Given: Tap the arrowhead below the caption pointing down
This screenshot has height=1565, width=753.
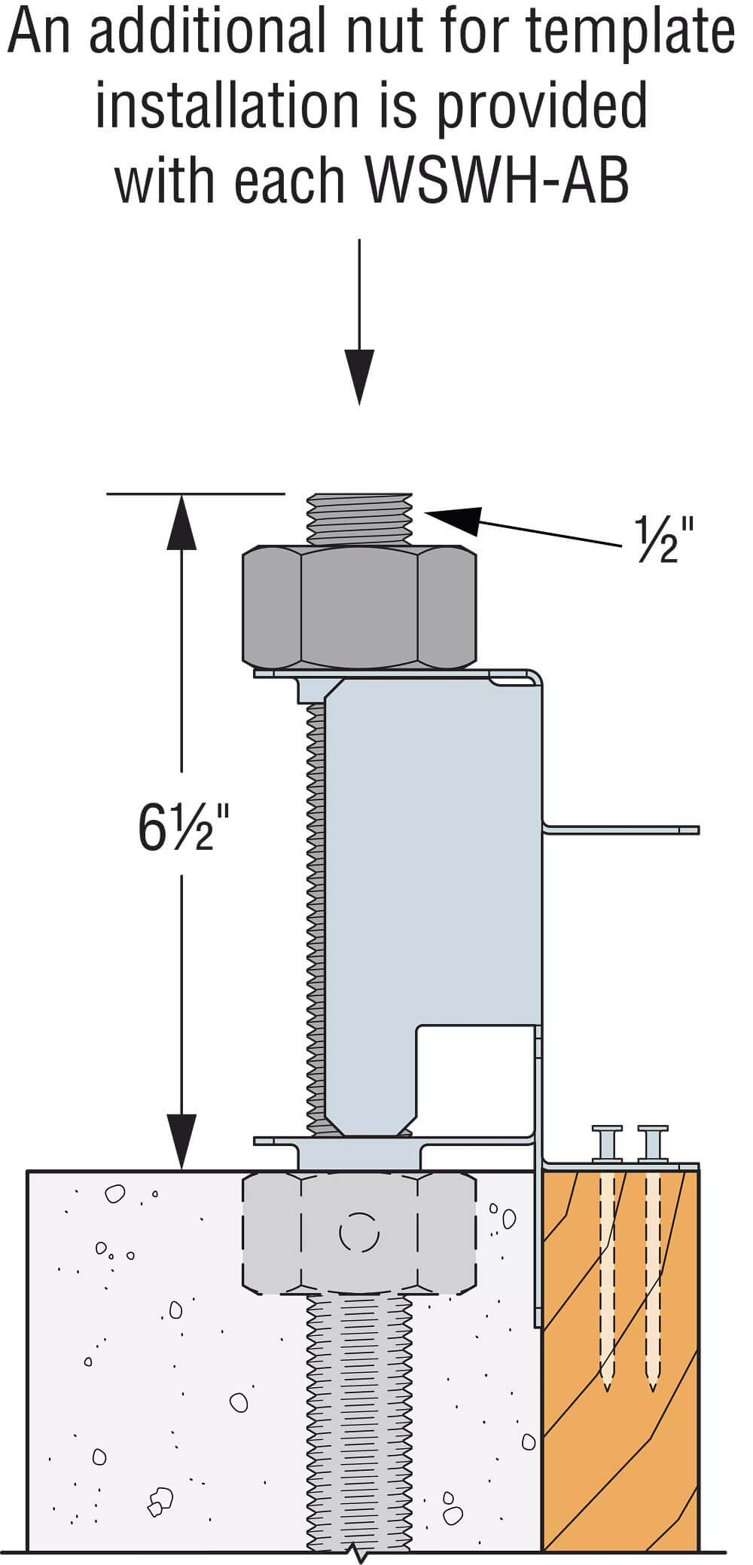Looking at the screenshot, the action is coord(359,377).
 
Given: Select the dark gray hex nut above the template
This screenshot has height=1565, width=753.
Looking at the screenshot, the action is coord(359,607).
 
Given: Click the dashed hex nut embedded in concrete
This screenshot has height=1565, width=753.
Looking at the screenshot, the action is coord(359,1232).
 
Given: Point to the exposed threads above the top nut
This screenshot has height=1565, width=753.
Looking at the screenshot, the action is coord(361,518).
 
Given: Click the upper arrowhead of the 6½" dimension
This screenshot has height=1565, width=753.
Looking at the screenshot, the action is coord(181,521).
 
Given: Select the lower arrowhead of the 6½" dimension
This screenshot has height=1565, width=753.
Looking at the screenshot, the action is coord(181,1142).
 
